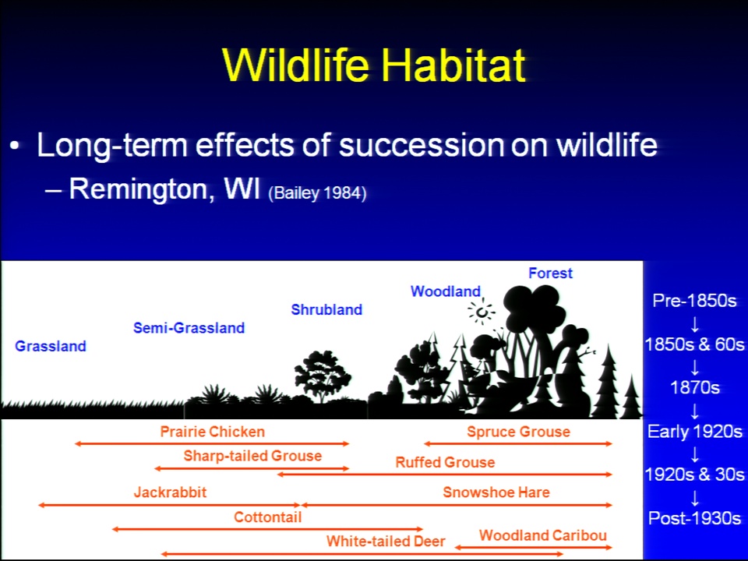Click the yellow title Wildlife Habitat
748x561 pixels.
click(x=374, y=65)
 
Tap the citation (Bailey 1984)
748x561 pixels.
click(x=317, y=193)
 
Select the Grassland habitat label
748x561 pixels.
click(x=51, y=346)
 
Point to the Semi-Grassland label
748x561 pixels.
click(x=189, y=328)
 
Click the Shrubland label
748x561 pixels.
click(x=326, y=309)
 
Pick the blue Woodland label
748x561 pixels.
click(x=446, y=291)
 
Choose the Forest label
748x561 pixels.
click(x=550, y=273)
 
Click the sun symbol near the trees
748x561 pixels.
click(x=482, y=312)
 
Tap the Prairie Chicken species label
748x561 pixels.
click(x=212, y=432)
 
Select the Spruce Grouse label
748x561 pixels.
click(x=519, y=432)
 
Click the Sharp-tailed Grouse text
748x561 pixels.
click(x=252, y=456)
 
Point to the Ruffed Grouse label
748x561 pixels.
click(x=445, y=462)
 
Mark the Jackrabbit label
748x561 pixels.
click(x=171, y=492)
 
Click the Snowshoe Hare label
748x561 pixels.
click(x=496, y=492)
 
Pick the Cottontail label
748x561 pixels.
click(x=267, y=517)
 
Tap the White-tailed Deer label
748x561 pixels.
click(x=386, y=541)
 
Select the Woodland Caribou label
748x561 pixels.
click(x=543, y=535)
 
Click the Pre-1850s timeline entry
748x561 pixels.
click(x=694, y=301)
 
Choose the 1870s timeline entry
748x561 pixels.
click(x=694, y=387)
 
